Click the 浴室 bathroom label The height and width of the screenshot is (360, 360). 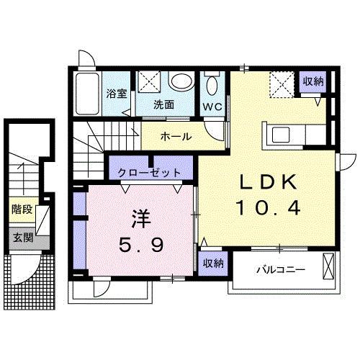115,93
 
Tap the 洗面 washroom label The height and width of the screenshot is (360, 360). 163,104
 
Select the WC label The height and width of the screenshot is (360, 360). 212,107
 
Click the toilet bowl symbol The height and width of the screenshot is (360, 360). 212,86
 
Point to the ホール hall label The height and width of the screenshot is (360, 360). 175,135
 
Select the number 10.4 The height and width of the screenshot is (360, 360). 266,210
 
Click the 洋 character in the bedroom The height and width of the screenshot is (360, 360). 140,217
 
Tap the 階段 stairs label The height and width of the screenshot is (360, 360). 22,210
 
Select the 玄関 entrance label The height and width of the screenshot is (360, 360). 22,238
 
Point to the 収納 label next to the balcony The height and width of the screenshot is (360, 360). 211,263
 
